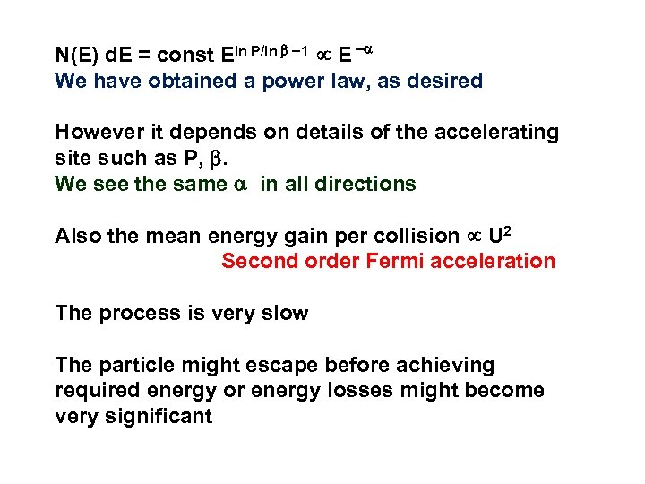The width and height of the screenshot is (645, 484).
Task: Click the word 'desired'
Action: tap(443, 82)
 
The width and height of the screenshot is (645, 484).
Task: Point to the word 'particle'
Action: tap(135, 365)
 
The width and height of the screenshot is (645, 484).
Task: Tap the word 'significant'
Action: tap(159, 417)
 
